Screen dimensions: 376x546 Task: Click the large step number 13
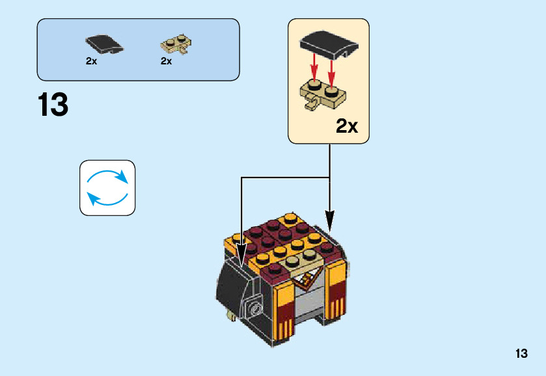click(53, 105)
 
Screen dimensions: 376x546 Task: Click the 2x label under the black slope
click(91, 61)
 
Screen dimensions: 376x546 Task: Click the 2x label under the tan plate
click(166, 61)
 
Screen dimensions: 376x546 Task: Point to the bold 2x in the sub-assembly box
click(347, 126)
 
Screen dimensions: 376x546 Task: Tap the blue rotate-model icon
click(107, 188)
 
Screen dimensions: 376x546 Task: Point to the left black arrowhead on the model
click(242, 256)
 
